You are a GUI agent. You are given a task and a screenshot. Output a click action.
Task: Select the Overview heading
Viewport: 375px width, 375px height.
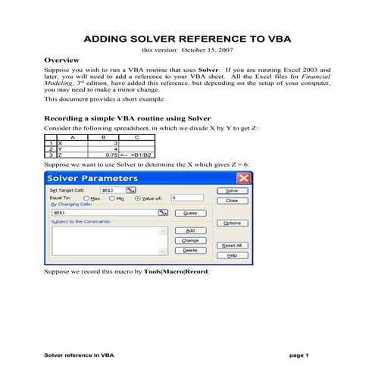pos(63,59)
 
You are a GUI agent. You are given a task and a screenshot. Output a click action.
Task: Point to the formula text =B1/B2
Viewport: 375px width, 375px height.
pos(145,155)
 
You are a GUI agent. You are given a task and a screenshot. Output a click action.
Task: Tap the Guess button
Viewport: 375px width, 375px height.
pos(190,214)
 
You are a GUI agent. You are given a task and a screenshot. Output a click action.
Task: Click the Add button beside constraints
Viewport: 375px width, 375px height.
pos(190,230)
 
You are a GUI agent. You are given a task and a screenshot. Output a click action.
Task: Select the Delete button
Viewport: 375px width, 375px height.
pos(190,250)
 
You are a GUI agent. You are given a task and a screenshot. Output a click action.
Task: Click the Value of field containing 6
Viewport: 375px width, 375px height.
pos(188,198)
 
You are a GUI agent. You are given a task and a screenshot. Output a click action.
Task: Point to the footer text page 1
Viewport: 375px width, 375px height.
pos(299,355)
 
